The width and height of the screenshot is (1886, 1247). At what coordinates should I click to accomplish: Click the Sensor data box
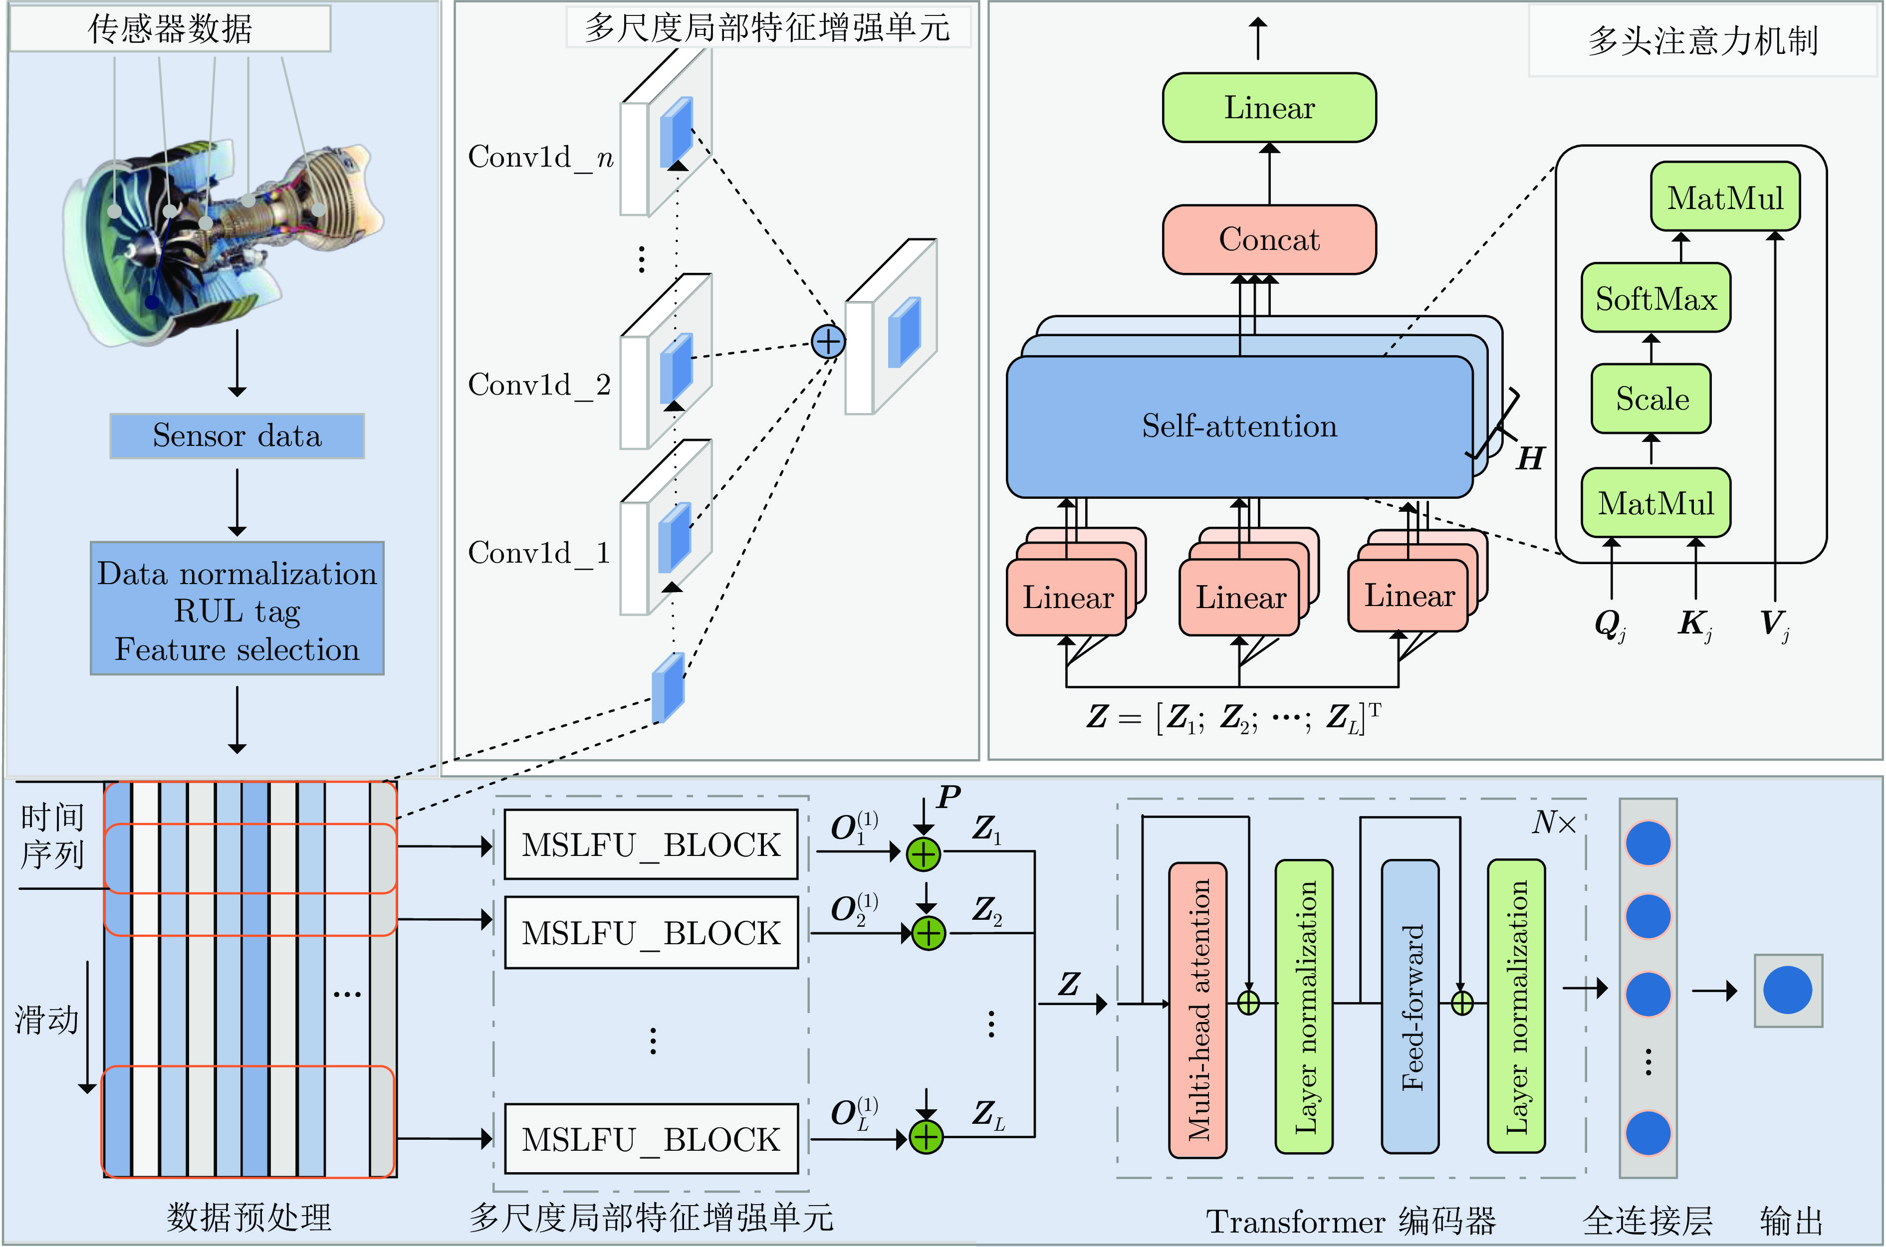pyautogui.click(x=237, y=436)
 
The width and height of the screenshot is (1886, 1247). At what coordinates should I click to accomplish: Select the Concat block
pyautogui.click(x=1269, y=239)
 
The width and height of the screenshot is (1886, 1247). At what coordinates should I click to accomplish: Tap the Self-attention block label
pyautogui.click(x=1239, y=426)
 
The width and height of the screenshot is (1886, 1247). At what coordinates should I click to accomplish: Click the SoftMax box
pyautogui.click(x=1656, y=298)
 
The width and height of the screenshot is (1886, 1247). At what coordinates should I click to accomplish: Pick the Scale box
pyautogui.click(x=1651, y=399)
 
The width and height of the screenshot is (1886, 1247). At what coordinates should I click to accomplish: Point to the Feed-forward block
pyautogui.click(x=1411, y=1006)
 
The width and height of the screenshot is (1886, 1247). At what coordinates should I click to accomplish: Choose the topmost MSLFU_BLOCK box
pyautogui.click(x=651, y=844)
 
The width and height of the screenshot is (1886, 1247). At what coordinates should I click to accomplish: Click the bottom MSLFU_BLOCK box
pyautogui.click(x=651, y=1139)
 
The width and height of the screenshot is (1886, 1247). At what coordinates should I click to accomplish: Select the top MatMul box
pyautogui.click(x=1724, y=197)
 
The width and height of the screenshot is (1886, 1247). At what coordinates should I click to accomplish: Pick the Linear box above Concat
pyautogui.click(x=1269, y=107)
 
